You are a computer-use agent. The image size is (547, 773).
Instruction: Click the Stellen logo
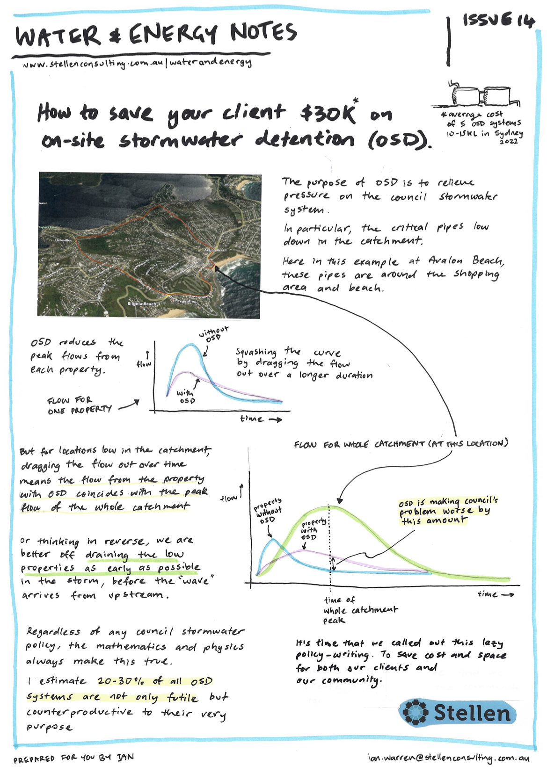458,713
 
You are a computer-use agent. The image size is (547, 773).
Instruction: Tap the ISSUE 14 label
498,21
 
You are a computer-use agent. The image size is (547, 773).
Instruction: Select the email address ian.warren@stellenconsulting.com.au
448,758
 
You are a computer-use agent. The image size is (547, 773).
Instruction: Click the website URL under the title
137,63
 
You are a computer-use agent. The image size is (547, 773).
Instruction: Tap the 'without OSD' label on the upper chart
213,334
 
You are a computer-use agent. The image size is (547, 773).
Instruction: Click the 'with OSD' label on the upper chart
186,397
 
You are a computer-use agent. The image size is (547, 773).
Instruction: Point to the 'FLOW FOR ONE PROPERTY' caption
80,405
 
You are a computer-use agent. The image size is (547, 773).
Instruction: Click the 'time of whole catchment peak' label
360,610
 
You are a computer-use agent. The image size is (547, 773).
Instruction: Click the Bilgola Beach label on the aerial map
142,304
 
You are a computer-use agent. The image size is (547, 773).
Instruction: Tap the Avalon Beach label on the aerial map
215,250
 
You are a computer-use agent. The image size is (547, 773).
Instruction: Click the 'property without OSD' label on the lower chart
268,511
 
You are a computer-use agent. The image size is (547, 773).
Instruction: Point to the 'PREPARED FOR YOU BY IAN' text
73,758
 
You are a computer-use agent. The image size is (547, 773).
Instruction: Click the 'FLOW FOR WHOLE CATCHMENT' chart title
401,443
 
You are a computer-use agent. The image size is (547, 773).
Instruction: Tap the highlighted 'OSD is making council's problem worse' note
448,510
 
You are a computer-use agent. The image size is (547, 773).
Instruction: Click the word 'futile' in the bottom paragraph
182,697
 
